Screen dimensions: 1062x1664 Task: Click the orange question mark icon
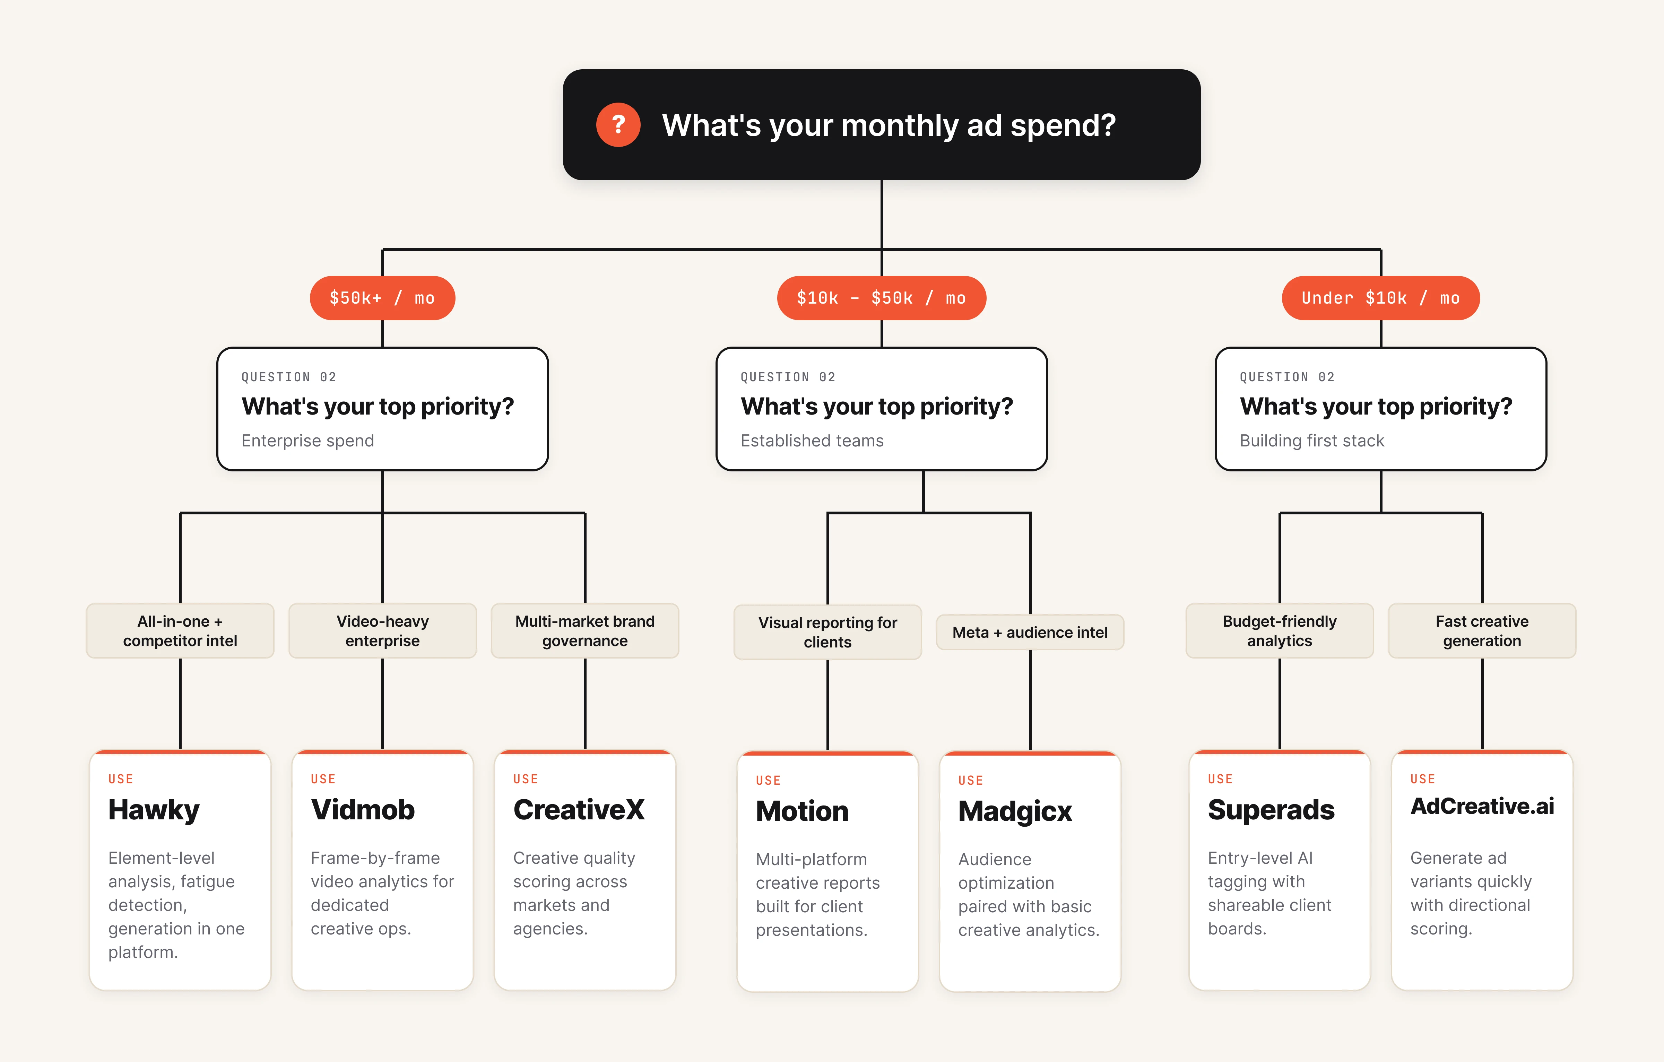pos(618,125)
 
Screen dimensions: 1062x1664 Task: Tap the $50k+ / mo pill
pos(382,298)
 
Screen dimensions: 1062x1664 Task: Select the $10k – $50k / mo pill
pos(881,298)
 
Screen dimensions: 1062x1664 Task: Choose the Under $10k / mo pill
pos(1380,298)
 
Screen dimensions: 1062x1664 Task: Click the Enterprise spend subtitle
pos(307,441)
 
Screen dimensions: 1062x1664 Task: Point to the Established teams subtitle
pos(812,441)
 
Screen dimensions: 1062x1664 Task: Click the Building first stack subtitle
pos(1311,441)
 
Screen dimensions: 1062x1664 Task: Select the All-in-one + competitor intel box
pos(180,631)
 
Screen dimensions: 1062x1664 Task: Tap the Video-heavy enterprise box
pos(382,631)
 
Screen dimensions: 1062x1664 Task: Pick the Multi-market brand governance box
pos(584,631)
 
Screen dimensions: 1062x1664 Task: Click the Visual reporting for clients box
pos(827,632)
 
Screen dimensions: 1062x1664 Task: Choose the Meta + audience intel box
pos(1030,632)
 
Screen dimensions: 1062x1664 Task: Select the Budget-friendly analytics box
pos(1279,631)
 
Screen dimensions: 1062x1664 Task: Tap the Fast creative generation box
pos(1482,631)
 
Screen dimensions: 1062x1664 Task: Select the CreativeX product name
pos(578,810)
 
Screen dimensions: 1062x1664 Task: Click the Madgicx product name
pos(1014,811)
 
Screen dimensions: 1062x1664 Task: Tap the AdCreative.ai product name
pos(1482,806)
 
